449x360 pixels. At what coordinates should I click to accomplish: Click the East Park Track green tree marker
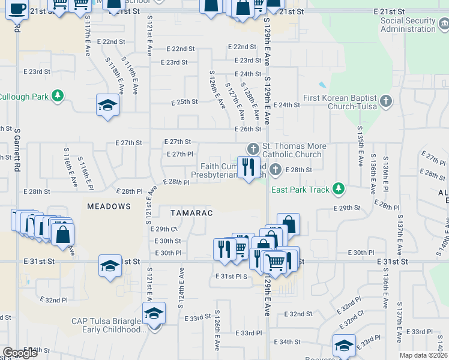(339, 189)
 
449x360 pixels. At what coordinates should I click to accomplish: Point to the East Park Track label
(300, 190)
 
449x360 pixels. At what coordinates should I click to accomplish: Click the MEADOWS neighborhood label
(109, 206)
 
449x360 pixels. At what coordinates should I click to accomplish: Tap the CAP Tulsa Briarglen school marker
(154, 314)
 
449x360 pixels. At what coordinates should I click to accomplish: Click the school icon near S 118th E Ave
(108, 106)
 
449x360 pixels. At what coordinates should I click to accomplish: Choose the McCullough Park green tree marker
(58, 95)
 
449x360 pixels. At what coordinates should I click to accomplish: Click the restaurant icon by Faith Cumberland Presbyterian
(249, 167)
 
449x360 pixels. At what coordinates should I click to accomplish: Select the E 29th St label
(347, 208)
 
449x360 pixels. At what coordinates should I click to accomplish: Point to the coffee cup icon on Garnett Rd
(17, 9)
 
